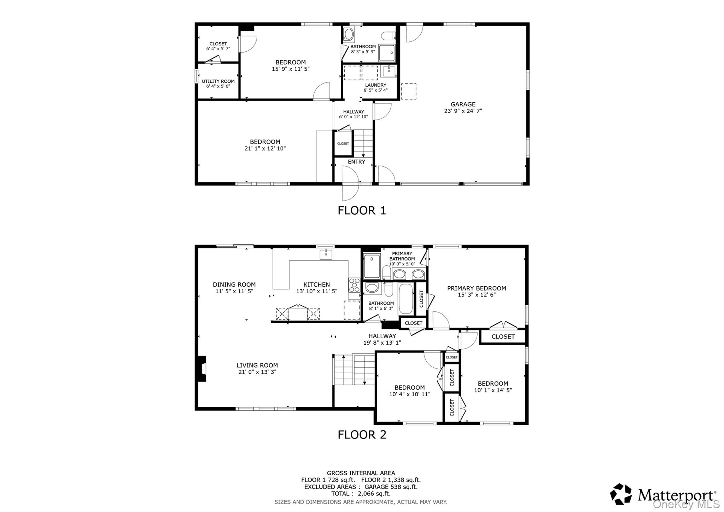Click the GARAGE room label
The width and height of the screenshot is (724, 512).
463,104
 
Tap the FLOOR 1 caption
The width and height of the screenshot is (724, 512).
362,211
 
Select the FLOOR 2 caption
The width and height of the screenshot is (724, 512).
362,435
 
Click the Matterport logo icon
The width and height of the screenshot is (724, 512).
621,494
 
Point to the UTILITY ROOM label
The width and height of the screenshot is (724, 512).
218,81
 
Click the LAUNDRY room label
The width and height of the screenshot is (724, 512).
375,85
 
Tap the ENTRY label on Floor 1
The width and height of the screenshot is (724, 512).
356,162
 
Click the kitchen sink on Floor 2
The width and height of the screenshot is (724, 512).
326,254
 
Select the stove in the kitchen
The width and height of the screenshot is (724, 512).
354,285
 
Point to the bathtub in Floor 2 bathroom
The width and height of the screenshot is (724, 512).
405,299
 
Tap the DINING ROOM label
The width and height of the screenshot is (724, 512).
234,284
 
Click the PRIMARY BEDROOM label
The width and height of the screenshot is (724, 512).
477,288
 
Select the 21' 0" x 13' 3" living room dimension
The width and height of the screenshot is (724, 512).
257,372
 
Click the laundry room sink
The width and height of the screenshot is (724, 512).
389,71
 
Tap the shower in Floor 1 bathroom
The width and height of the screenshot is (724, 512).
387,53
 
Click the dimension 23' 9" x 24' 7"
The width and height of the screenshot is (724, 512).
463,111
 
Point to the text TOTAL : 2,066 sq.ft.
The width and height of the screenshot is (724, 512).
361,494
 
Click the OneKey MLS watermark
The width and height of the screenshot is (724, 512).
686,504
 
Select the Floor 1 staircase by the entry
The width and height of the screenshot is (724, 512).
363,143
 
